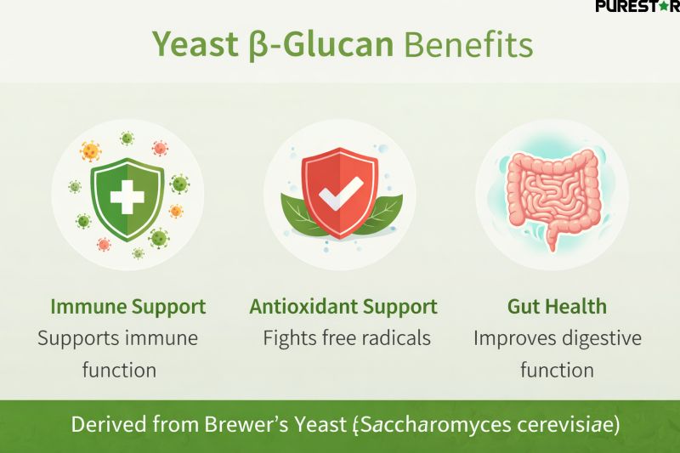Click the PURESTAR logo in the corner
click(637, 8)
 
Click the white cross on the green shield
click(128, 195)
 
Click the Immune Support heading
click(127, 306)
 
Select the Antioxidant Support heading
click(343, 306)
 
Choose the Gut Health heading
click(557, 306)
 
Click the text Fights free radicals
click(347, 337)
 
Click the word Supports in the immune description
click(77, 337)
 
